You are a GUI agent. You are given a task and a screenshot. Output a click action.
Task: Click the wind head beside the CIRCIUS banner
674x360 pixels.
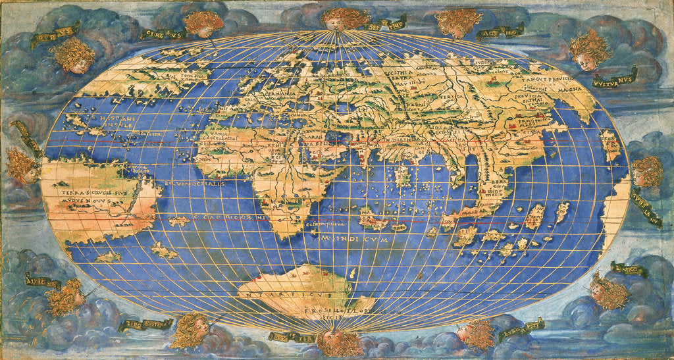pyautogui.click(x=203, y=24)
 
